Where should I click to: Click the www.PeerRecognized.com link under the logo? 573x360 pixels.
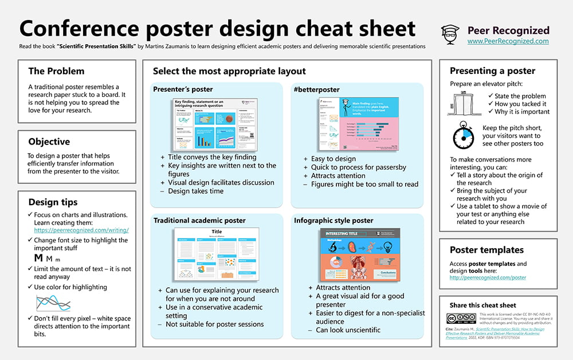[508, 41]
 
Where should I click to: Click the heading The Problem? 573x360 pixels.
[56, 71]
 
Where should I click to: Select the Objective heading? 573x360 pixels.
[49, 142]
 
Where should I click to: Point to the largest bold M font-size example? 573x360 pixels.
[39, 258]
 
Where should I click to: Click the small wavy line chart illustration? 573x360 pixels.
[53, 302]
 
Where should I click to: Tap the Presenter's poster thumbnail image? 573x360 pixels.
[217, 124]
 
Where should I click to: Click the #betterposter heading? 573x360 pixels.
[317, 89]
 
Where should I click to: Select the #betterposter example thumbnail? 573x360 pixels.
[356, 124]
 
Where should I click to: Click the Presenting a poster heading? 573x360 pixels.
[492, 71]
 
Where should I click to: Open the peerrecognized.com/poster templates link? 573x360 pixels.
[488, 277]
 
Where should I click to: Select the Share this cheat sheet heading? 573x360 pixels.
[482, 305]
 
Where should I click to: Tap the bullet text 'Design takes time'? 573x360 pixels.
[195, 191]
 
